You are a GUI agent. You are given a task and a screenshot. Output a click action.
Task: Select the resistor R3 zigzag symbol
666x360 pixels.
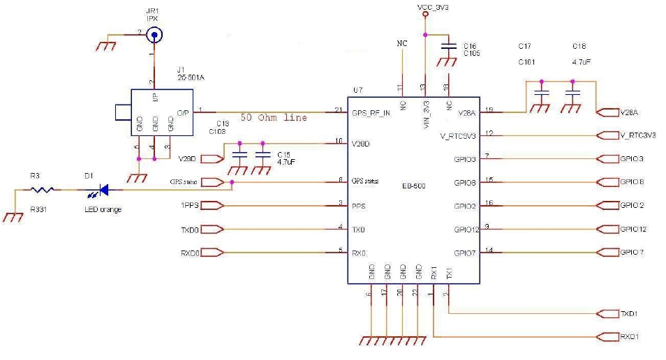(44, 189)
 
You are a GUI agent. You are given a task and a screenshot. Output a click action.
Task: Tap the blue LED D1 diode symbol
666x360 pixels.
(101, 189)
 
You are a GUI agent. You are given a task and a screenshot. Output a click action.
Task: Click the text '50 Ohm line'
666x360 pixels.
(274, 118)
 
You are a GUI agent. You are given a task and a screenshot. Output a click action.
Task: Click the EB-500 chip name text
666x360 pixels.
(414, 186)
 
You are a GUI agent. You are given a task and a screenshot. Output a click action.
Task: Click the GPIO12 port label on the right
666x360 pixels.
(632, 229)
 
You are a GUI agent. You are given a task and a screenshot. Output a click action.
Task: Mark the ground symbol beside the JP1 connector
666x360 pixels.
(106, 45)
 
